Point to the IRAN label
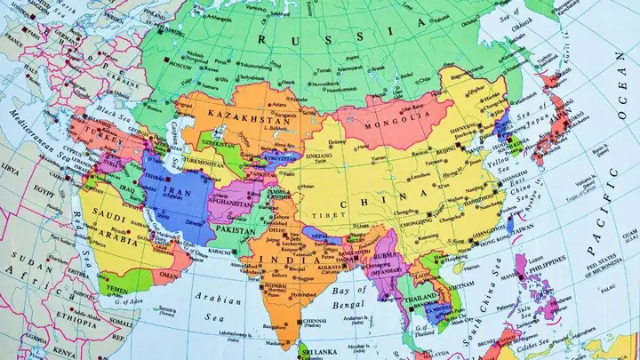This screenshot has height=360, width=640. (175, 191)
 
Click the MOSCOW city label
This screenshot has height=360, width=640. (180, 66)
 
